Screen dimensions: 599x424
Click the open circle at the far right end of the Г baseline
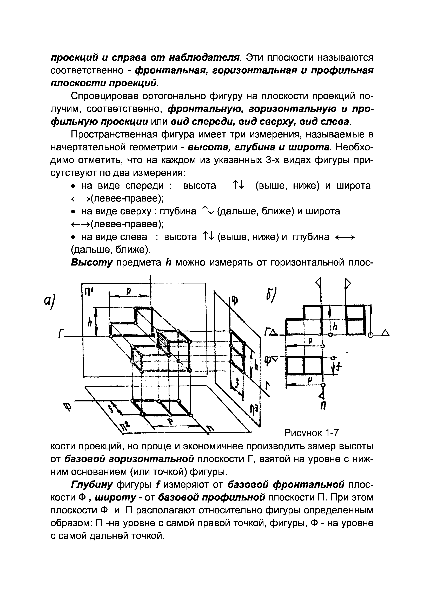click(x=370, y=335)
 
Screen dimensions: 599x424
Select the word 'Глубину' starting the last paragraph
click(x=92, y=485)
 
